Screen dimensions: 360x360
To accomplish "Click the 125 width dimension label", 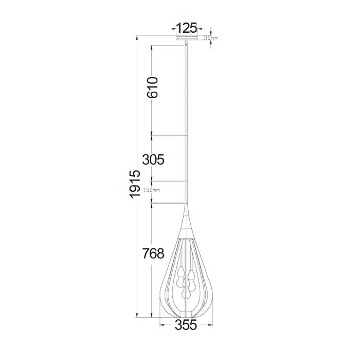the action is pyautogui.click(x=186, y=28).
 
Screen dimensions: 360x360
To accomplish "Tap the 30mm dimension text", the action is pyautogui.click(x=211, y=38).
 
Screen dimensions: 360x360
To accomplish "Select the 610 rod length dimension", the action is pyautogui.click(x=153, y=87).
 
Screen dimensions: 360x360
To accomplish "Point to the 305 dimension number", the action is pyautogui.click(x=153, y=159).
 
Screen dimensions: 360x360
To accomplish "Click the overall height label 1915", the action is pyautogui.click(x=135, y=184).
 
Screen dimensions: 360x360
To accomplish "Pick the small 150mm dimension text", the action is pyautogui.click(x=152, y=190).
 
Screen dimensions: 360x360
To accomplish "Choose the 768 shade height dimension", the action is pyautogui.click(x=153, y=254).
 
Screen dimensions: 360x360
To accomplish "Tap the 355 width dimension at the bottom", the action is pyautogui.click(x=186, y=325).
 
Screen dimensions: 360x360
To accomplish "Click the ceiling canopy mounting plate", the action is pyautogui.click(x=186, y=38).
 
